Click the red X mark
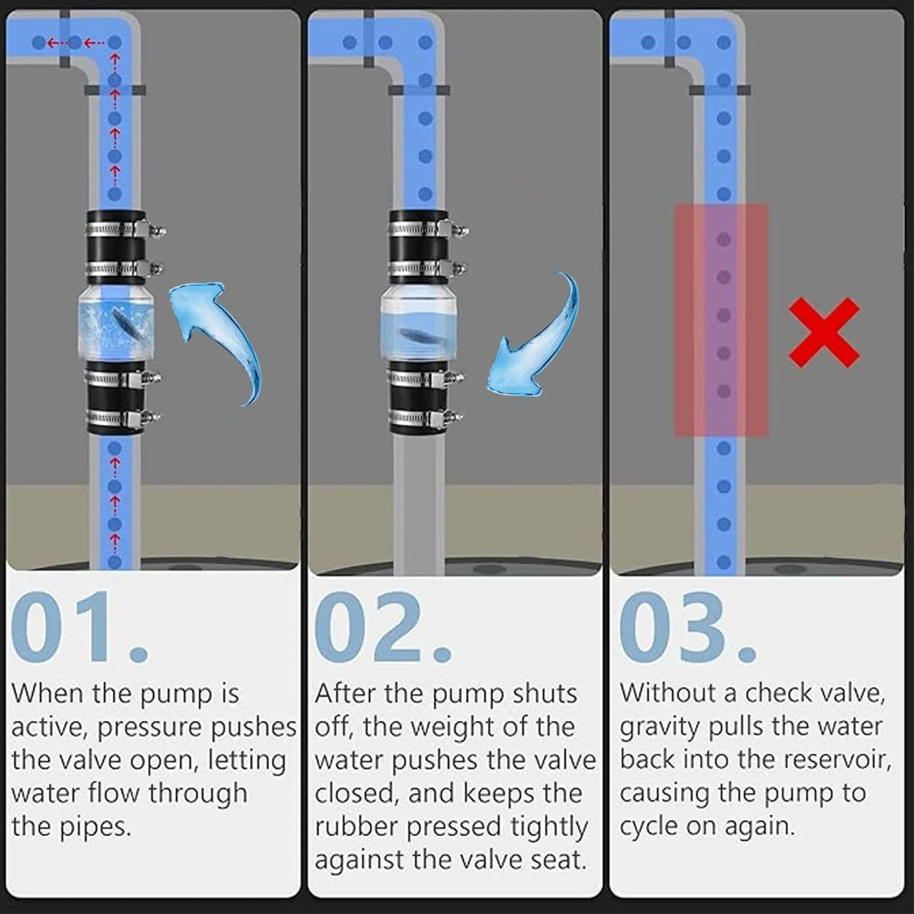(x=824, y=333)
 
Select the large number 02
(x=383, y=628)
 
